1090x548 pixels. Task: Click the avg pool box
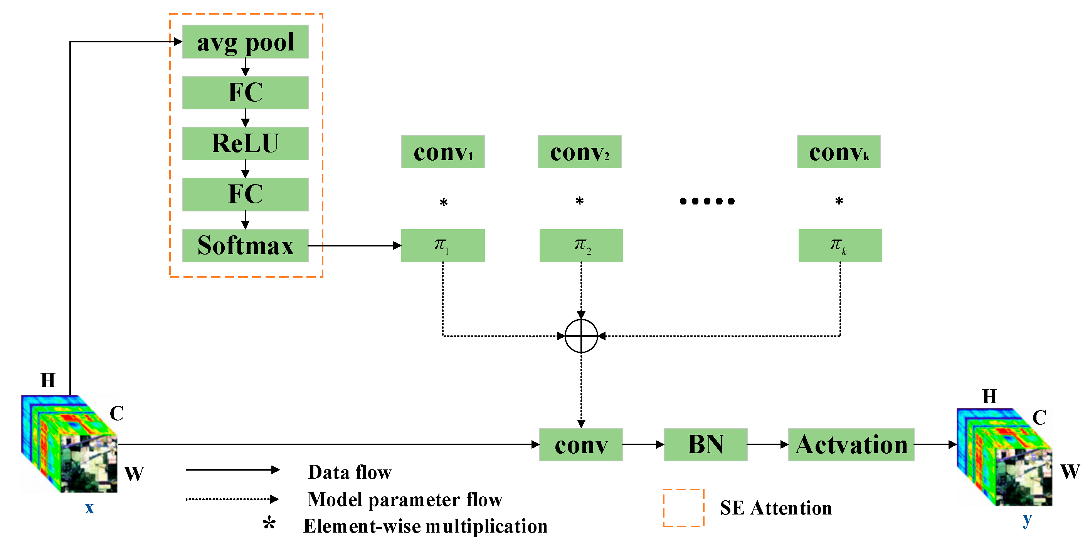[245, 42]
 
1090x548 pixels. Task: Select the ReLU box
[245, 143]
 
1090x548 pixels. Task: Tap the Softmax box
[245, 245]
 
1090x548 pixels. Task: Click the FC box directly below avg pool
[245, 92]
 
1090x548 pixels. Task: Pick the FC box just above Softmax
[245, 194]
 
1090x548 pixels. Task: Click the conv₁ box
[442, 152]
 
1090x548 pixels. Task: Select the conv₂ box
[579, 152]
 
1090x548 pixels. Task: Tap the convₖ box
[839, 152]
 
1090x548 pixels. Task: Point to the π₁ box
[442, 245]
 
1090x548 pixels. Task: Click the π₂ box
[581, 245]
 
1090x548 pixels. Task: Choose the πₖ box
[840, 245]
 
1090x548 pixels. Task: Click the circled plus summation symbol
[581, 336]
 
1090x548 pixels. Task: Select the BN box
[705, 444]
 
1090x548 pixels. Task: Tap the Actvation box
[851, 444]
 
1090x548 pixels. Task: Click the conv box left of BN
[581, 444]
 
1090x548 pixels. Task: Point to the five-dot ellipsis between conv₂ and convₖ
[706, 201]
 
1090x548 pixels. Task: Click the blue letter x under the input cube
[89, 508]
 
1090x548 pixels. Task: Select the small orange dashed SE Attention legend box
[683, 508]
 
